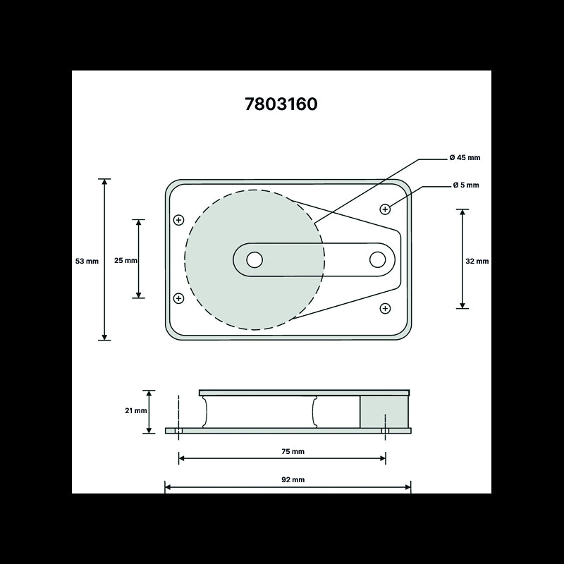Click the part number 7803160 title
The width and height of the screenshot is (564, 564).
(281, 104)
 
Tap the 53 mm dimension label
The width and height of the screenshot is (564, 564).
(87, 261)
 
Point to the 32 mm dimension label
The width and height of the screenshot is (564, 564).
(477, 261)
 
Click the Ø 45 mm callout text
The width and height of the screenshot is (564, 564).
(465, 158)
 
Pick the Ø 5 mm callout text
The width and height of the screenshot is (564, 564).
(466, 185)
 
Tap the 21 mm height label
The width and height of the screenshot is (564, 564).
(136, 411)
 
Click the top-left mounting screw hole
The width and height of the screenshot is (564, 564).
(178, 221)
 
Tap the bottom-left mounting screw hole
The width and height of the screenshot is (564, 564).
(178, 298)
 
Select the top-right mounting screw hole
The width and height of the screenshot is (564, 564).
(385, 209)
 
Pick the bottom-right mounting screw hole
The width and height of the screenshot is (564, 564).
(385, 308)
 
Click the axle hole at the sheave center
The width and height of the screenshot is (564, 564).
(255, 259)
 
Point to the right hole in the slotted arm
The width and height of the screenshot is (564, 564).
(377, 259)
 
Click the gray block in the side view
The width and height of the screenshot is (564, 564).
(384, 411)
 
